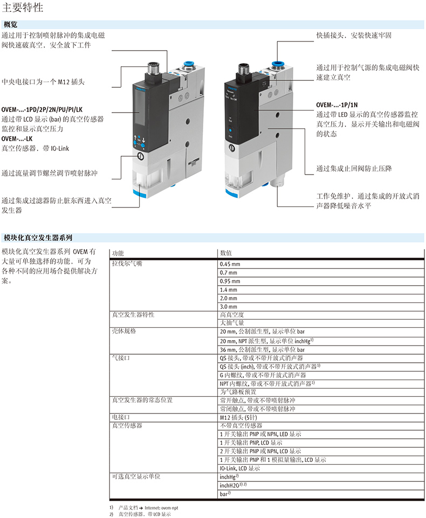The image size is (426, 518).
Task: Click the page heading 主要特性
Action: [23, 7]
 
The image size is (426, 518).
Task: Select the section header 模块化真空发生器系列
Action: [38, 238]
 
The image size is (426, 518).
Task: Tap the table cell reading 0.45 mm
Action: [230, 264]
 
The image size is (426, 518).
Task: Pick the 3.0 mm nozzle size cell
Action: [228, 307]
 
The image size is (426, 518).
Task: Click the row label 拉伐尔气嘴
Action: [127, 263]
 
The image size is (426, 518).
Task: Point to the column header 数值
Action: [226, 253]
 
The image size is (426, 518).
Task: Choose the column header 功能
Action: [118, 253]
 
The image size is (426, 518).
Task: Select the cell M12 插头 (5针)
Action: [238, 417]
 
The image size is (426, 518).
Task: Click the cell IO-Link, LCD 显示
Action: [240, 468]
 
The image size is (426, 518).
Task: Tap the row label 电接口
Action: [121, 417]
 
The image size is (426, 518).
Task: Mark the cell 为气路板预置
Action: [238, 392]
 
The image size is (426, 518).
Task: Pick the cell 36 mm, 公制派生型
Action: [262, 349]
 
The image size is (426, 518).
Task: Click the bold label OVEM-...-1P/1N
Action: [337, 105]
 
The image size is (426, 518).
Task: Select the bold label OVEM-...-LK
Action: [17, 139]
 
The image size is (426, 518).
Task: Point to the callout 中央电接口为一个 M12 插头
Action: [43, 81]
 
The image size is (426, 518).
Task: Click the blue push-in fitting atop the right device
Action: [278, 63]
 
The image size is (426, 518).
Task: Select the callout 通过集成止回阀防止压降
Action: [354, 169]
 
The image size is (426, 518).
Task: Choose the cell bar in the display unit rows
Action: [225, 494]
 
